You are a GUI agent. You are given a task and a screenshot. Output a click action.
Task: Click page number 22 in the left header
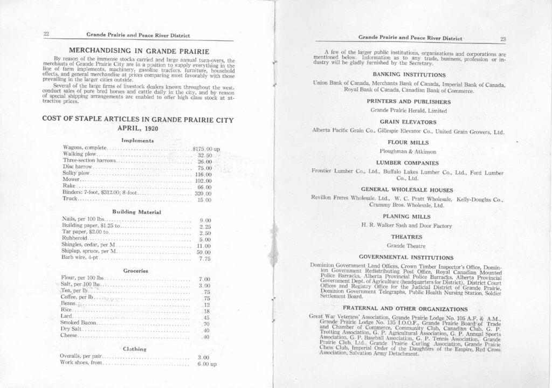46,34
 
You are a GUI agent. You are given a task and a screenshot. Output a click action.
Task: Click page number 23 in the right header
502,38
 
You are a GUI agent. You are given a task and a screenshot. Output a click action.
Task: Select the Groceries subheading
135,270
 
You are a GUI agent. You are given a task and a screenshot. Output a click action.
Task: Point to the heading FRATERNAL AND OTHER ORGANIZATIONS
408,308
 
